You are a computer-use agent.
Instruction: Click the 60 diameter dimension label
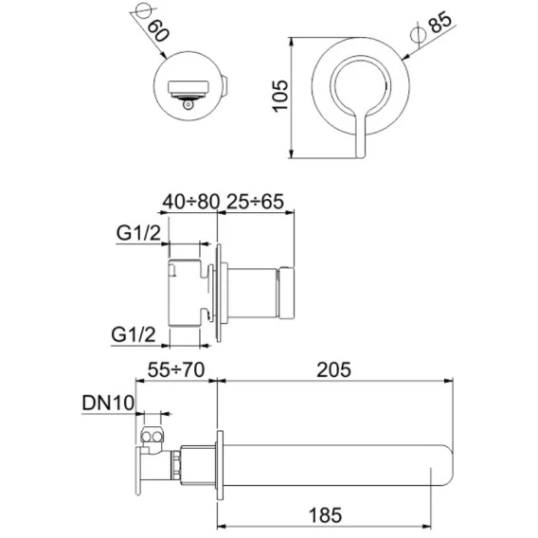[158, 30]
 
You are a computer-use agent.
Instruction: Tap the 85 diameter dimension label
[440, 22]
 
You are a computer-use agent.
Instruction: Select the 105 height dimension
[280, 96]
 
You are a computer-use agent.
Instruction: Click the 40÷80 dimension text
[190, 202]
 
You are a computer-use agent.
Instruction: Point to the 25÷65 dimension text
[256, 202]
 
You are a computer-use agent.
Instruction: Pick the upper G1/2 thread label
[138, 233]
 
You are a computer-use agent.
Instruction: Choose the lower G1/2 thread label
[134, 334]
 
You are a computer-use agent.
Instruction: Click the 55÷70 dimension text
[176, 369]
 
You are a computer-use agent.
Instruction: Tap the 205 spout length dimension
[333, 369]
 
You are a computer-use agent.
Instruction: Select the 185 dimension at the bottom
[325, 515]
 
